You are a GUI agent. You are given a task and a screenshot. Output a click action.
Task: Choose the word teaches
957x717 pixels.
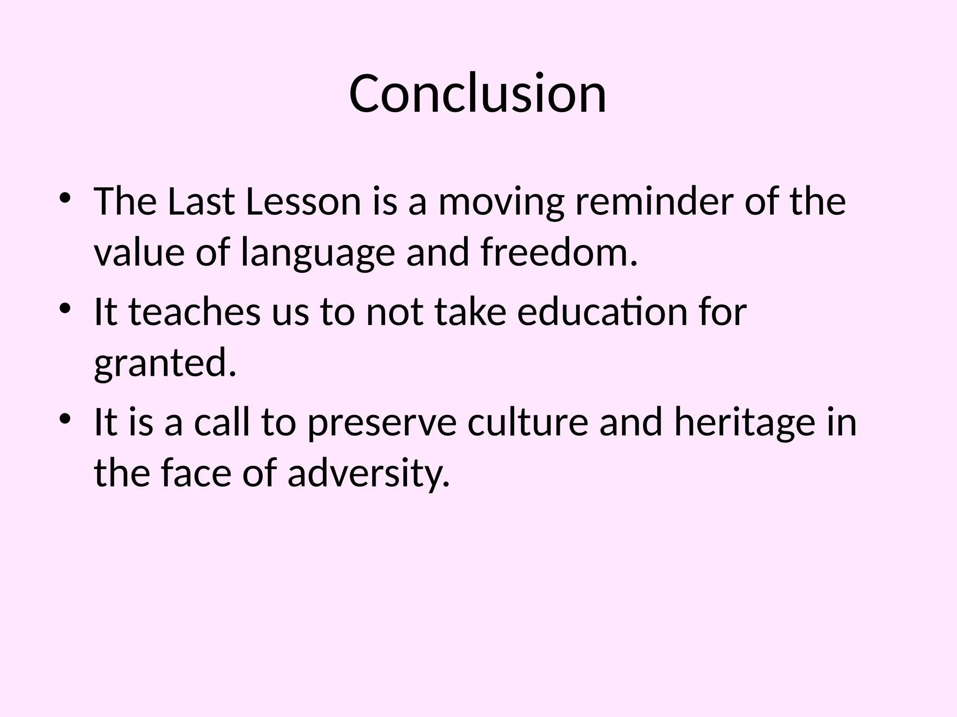(194, 312)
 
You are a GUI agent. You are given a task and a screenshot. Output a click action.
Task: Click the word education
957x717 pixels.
(602, 312)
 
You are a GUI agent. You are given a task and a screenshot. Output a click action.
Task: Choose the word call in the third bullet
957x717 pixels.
(222, 422)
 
